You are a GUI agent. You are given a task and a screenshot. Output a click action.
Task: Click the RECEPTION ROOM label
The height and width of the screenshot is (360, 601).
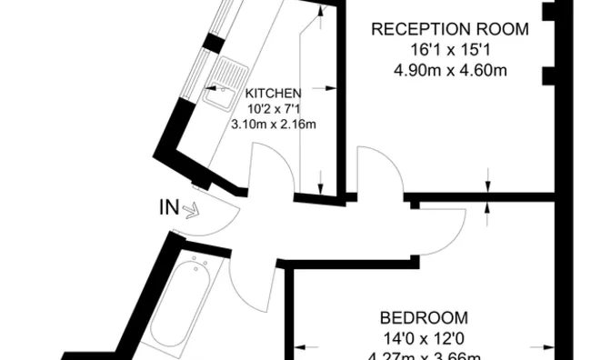coord(438,29)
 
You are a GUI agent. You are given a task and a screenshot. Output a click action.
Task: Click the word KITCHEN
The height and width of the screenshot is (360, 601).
coord(274,93)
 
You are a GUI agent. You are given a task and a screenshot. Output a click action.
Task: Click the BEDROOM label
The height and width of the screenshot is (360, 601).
coord(425,318)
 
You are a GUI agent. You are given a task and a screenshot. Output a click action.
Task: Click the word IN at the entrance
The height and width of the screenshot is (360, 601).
coord(169,208)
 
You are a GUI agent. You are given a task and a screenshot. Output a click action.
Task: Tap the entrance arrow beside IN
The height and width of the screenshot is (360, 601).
coord(191,211)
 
